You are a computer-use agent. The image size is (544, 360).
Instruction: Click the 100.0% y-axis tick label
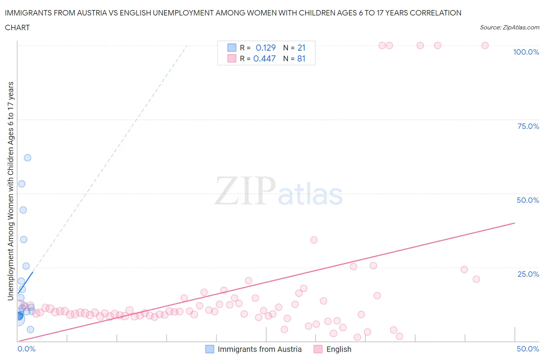coord(526,52)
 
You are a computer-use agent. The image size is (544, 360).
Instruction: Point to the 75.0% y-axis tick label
coord(528,126)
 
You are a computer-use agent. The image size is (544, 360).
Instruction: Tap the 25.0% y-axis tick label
coord(528,274)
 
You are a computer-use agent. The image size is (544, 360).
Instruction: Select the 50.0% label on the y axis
coord(528,200)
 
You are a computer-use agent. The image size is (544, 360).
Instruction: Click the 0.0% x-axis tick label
coord(26,349)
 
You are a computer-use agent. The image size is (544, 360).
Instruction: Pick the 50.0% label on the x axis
coord(528,349)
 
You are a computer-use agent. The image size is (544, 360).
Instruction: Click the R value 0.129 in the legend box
coord(265,48)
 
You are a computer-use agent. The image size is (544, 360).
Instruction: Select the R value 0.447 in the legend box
coord(264,58)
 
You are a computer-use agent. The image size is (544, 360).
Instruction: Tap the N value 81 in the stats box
coord(301,58)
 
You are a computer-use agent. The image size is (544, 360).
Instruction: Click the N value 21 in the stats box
coord(301,48)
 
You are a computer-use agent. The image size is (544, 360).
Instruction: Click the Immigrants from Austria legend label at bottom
coord(259,349)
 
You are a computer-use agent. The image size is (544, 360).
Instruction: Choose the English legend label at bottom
coord(339,349)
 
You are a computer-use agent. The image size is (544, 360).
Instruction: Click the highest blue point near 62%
coord(27,158)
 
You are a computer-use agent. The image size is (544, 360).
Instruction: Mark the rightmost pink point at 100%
coord(485,45)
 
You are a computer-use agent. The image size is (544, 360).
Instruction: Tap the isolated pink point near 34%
coord(314,240)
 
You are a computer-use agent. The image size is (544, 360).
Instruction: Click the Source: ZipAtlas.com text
coord(509,27)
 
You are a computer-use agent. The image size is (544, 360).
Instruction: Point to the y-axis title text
coord(10,191)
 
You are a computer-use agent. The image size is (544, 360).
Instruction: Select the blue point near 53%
coord(22,184)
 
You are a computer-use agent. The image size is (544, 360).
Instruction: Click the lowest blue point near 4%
coord(30,329)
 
